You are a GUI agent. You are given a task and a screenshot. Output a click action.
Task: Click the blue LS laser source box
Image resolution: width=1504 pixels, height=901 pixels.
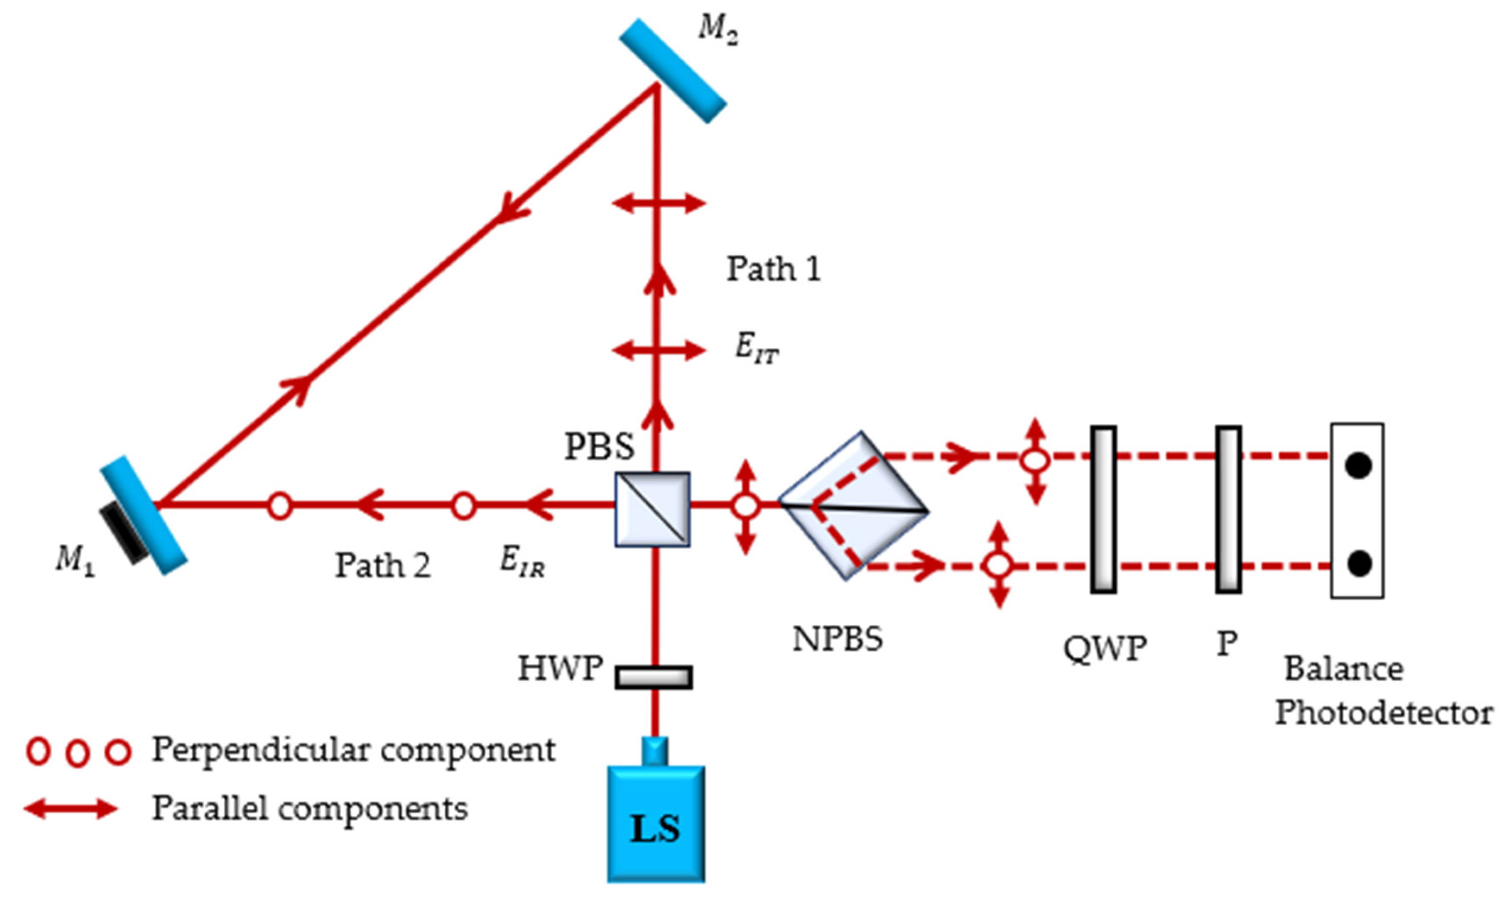pos(656,826)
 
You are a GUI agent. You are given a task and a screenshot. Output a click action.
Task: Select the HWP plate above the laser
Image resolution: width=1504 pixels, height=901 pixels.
pos(653,677)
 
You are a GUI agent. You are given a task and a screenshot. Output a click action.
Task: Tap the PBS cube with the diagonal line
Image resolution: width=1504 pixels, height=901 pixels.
pos(652,509)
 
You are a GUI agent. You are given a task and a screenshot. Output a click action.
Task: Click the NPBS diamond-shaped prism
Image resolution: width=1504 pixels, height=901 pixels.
pos(853,506)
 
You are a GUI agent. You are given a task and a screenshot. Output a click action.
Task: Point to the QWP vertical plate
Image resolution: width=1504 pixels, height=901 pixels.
pos(1103,509)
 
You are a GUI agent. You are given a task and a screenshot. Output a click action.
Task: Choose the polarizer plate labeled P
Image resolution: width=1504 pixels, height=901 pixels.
pos(1228,509)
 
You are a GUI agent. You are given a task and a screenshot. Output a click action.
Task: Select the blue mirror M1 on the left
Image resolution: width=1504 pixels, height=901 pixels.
pos(144,515)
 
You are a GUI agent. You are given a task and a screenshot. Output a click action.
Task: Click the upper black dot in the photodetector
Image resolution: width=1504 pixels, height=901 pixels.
pos(1358,466)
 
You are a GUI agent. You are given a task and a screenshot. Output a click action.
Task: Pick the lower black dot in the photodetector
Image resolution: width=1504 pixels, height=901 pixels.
pos(1358,564)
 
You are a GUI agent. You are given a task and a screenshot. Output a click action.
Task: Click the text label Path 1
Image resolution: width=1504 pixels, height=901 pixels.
pos(774,269)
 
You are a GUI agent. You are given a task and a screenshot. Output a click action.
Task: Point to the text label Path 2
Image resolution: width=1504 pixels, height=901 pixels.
pos(382,566)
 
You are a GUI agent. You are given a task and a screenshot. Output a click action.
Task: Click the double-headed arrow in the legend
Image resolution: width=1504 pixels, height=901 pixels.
pos(71,809)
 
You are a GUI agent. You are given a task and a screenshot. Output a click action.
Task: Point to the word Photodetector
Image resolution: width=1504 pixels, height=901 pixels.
pos(1383,713)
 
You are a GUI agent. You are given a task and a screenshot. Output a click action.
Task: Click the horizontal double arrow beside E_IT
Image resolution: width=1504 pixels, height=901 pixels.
pos(659,350)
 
